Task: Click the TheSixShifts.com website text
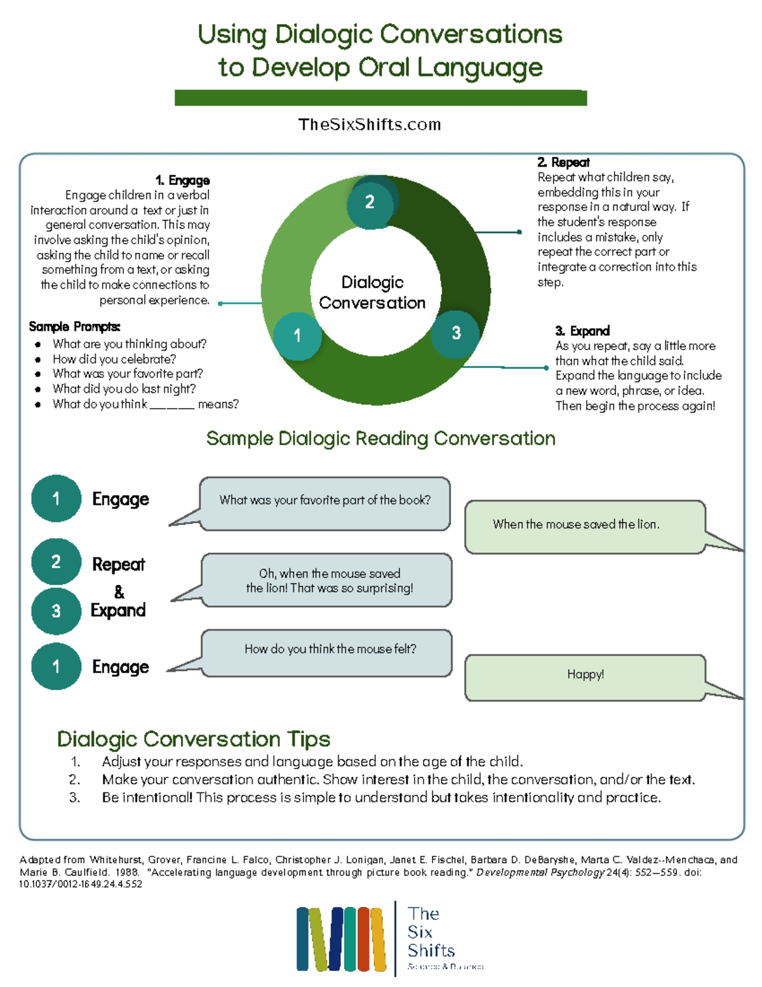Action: (370, 125)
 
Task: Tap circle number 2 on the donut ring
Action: (370, 202)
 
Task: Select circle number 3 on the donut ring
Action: (455, 333)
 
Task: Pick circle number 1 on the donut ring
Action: (297, 336)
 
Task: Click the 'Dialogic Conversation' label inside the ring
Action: (372, 292)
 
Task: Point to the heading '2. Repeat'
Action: (563, 163)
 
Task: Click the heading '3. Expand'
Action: (582, 331)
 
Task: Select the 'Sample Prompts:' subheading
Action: (74, 327)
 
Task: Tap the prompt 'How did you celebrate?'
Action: (114, 359)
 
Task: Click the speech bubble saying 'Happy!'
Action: (585, 675)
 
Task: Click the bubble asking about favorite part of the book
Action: (324, 501)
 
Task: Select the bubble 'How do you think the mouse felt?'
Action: (330, 650)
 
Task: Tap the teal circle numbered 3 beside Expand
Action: (56, 611)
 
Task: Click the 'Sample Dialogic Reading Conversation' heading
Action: (380, 439)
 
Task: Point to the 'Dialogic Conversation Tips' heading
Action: (194, 739)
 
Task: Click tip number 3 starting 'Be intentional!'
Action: (381, 798)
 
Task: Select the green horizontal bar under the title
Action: (380, 98)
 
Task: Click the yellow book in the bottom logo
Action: (378, 939)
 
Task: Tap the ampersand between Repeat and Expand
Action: (119, 592)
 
